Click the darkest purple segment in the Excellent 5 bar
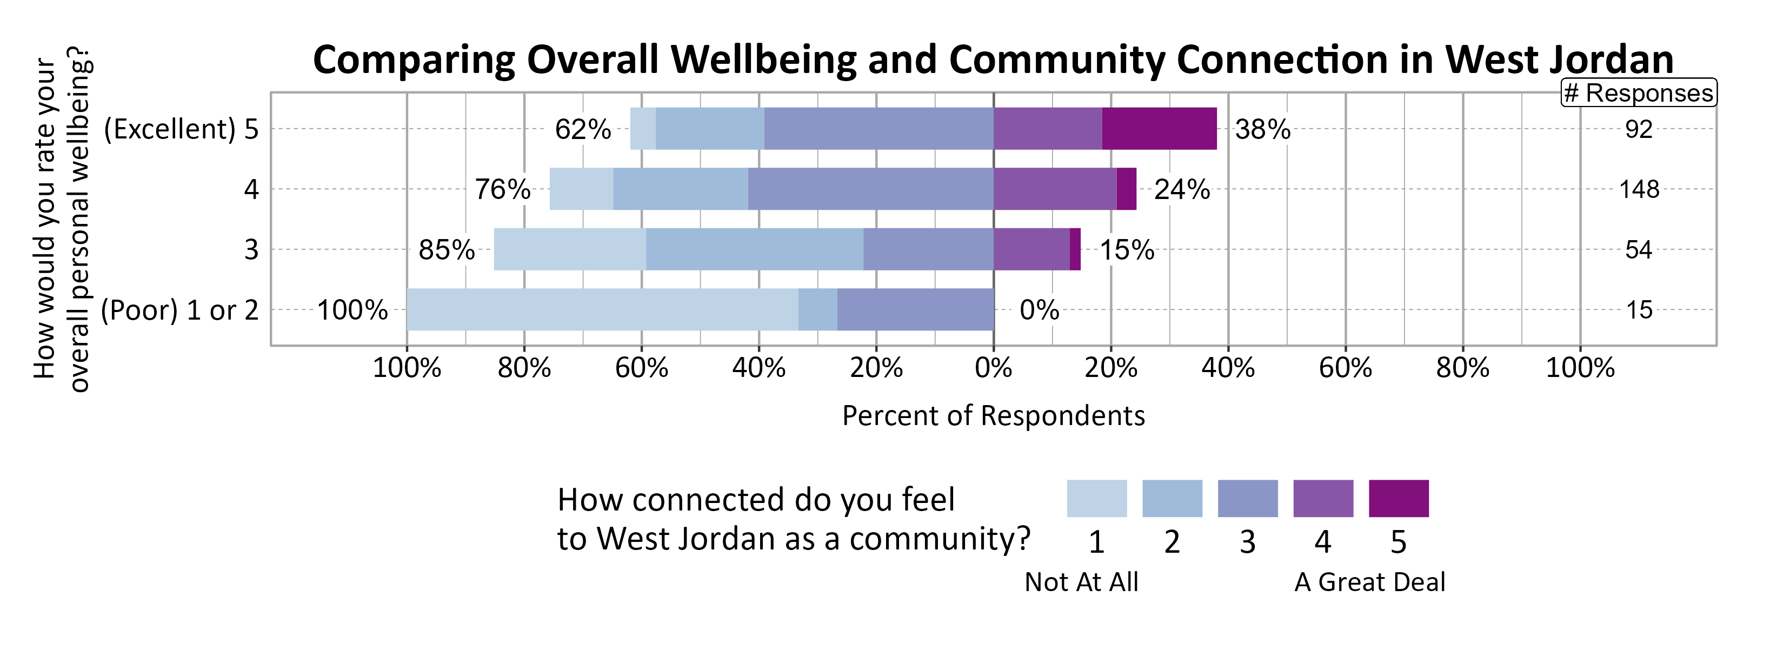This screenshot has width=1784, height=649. point(1159,129)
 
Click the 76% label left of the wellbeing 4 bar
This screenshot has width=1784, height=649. point(502,189)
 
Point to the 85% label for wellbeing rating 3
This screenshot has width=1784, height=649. point(446,250)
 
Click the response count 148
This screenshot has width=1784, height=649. point(1639,189)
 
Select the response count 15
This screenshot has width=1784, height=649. point(1639,309)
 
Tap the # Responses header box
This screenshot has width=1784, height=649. point(1638,93)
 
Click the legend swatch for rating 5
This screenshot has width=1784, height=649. point(1398,498)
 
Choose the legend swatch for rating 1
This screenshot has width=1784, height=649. point(1096,498)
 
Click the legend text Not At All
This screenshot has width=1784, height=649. point(1081,582)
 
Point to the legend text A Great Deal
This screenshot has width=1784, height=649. point(1369,582)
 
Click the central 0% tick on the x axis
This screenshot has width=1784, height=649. point(993,368)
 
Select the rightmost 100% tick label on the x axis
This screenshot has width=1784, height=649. point(1580,368)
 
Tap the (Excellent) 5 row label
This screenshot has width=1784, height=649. point(181,129)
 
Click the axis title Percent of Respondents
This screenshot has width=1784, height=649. point(993,415)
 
